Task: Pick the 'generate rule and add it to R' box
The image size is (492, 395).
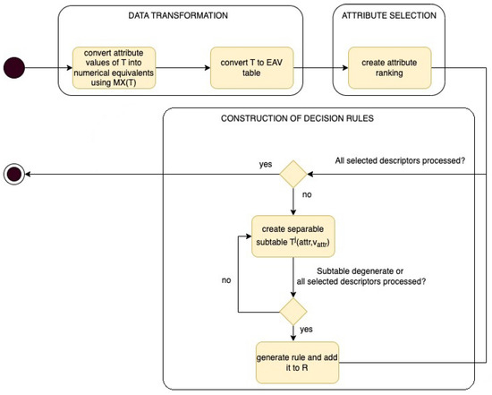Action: click(293, 365)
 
